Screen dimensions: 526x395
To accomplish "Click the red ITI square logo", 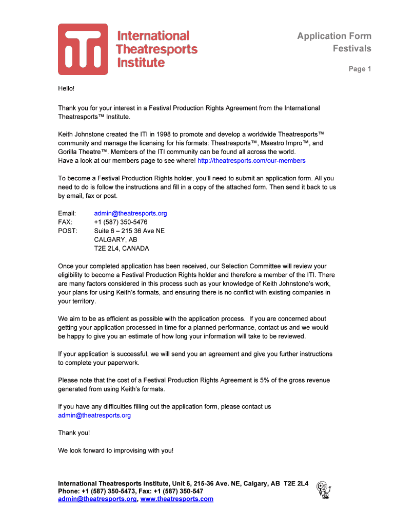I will click(x=83, y=49).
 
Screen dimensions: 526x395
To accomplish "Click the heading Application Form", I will click(x=334, y=36).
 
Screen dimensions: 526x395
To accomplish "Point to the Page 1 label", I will click(x=360, y=69).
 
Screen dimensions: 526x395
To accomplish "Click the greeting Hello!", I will click(x=66, y=88).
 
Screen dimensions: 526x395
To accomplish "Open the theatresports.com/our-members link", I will click(x=251, y=161).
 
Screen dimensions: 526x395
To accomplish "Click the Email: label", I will click(x=67, y=213).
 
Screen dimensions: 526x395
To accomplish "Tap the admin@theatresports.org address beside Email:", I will click(x=130, y=213).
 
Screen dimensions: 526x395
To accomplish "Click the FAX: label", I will click(x=65, y=222).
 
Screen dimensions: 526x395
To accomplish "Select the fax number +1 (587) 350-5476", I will click(x=121, y=222).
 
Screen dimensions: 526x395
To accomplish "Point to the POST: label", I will click(x=67, y=231).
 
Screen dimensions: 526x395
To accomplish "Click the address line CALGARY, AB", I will click(x=115, y=240).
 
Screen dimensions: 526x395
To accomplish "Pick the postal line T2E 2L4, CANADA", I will click(x=121, y=249).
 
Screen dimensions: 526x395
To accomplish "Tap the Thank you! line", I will click(x=74, y=433).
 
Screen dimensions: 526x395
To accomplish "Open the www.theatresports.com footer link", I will click(x=176, y=499).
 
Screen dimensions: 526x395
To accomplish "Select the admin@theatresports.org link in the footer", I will click(x=97, y=499).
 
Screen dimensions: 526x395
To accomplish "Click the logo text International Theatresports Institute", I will click(x=157, y=49).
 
